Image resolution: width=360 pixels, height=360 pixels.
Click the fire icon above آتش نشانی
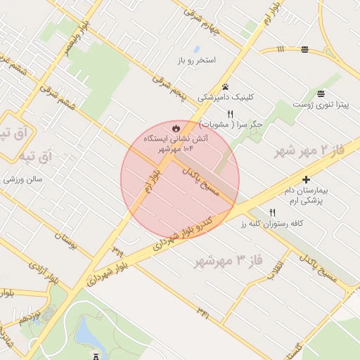tap(175, 128)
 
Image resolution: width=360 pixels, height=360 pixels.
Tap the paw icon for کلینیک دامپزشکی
tap(225, 86)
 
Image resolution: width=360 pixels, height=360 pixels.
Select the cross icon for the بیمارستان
tap(306, 179)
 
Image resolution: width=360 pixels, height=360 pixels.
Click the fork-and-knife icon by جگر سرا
tap(230, 114)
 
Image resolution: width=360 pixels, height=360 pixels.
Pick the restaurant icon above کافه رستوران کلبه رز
tap(273, 212)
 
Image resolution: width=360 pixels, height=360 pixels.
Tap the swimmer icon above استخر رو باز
tap(196, 49)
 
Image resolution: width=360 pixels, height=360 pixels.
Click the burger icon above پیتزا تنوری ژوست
tap(321, 94)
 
